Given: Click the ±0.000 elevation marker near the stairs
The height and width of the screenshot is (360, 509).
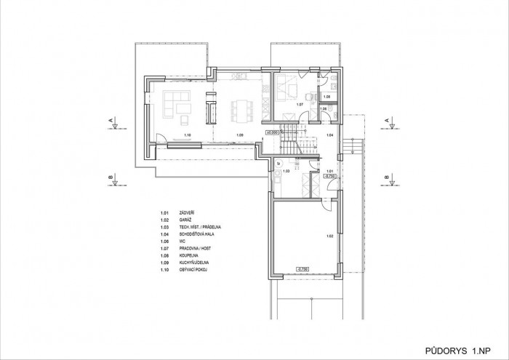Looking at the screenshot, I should pyautogui.click(x=272, y=133).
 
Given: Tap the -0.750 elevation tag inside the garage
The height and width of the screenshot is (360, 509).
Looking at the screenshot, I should pyautogui.click(x=302, y=269).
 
